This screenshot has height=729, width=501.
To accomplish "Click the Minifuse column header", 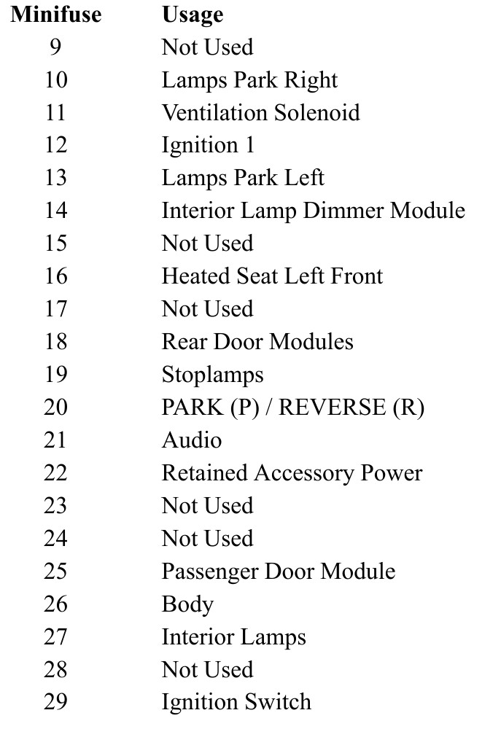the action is click(x=56, y=14).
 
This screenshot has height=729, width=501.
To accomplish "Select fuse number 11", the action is click(x=55, y=112).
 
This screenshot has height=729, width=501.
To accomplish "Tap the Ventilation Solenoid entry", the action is click(x=260, y=112).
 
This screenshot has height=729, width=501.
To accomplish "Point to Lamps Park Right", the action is click(x=249, y=80).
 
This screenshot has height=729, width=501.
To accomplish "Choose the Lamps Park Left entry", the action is click(x=243, y=178).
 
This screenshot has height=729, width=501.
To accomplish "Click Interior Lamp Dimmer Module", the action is click(x=314, y=211).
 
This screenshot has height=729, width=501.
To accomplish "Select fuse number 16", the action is click(x=56, y=276).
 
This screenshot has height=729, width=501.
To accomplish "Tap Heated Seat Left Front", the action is click(x=272, y=276).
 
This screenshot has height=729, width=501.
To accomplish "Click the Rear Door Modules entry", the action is click(x=257, y=342).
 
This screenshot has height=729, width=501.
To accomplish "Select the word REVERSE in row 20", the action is click(x=332, y=408).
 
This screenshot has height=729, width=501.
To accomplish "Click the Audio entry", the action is click(x=192, y=440).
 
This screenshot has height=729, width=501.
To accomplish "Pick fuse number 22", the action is click(x=55, y=473).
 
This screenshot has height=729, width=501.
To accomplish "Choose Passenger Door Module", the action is click(x=278, y=572).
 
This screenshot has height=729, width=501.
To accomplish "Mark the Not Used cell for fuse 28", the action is click(x=207, y=670).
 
